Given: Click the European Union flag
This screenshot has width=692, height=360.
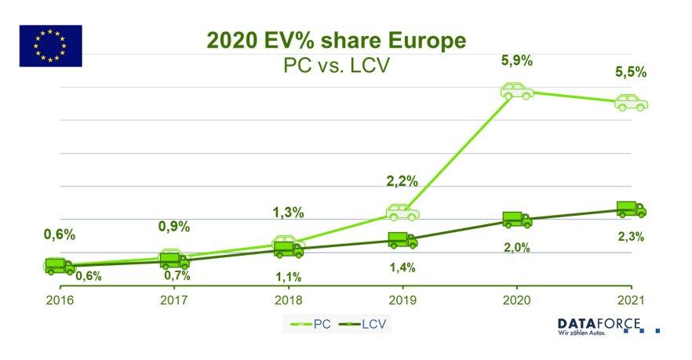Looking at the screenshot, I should (x=50, y=45).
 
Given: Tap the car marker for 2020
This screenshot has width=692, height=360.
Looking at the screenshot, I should (x=517, y=91).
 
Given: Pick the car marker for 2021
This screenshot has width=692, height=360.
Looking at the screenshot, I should (x=632, y=102).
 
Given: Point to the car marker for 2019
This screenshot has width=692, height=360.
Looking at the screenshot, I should (x=402, y=212).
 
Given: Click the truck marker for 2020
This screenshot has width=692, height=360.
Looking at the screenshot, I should (x=517, y=220).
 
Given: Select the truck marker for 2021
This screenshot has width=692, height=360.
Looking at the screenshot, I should (x=632, y=209).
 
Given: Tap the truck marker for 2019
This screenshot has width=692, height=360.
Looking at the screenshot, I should (x=402, y=241).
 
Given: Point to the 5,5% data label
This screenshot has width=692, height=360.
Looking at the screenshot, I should (x=632, y=71).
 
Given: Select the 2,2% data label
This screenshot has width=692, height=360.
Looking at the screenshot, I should (x=402, y=181).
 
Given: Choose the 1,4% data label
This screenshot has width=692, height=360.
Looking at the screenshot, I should (x=402, y=267).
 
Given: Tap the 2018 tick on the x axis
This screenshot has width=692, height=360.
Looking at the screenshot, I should (x=287, y=299).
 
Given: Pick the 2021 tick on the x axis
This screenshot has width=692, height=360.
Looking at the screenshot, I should (x=632, y=299).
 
